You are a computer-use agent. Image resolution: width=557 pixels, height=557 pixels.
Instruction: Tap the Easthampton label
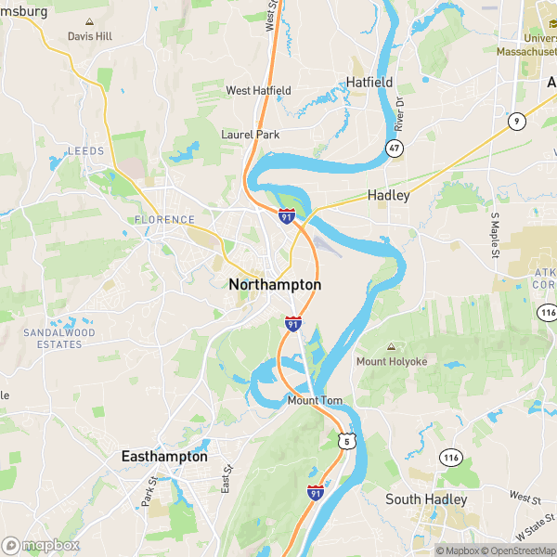click(164, 457)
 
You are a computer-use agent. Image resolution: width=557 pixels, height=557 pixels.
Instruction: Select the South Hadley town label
click(426, 499)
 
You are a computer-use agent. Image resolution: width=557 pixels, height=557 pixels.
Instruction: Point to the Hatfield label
click(369, 83)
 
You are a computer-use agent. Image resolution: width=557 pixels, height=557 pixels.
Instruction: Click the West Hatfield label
click(259, 90)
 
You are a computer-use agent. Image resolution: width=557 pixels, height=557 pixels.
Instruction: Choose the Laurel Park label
click(250, 135)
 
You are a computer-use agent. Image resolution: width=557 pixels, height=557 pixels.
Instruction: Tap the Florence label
click(164, 220)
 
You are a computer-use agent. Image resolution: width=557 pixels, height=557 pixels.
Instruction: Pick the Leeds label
click(85, 150)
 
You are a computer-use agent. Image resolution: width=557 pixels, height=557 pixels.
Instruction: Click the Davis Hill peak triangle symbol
click(89, 21)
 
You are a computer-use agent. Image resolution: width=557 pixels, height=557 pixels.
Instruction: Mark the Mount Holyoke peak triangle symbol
click(390, 346)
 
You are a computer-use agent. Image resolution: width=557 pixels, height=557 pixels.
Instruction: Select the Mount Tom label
click(315, 401)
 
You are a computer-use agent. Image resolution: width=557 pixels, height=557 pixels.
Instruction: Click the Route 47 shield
click(395, 149)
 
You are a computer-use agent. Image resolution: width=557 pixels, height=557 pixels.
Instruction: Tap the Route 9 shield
click(515, 120)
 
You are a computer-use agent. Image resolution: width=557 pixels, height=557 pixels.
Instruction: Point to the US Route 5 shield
click(345, 441)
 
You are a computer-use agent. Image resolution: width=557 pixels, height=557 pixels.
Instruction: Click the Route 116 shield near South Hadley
click(451, 458)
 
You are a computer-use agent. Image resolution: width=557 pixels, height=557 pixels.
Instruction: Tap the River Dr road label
click(399, 114)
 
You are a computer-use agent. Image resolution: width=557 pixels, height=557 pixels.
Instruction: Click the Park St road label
click(147, 492)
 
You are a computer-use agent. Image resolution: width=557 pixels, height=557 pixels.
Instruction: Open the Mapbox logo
click(40, 545)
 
